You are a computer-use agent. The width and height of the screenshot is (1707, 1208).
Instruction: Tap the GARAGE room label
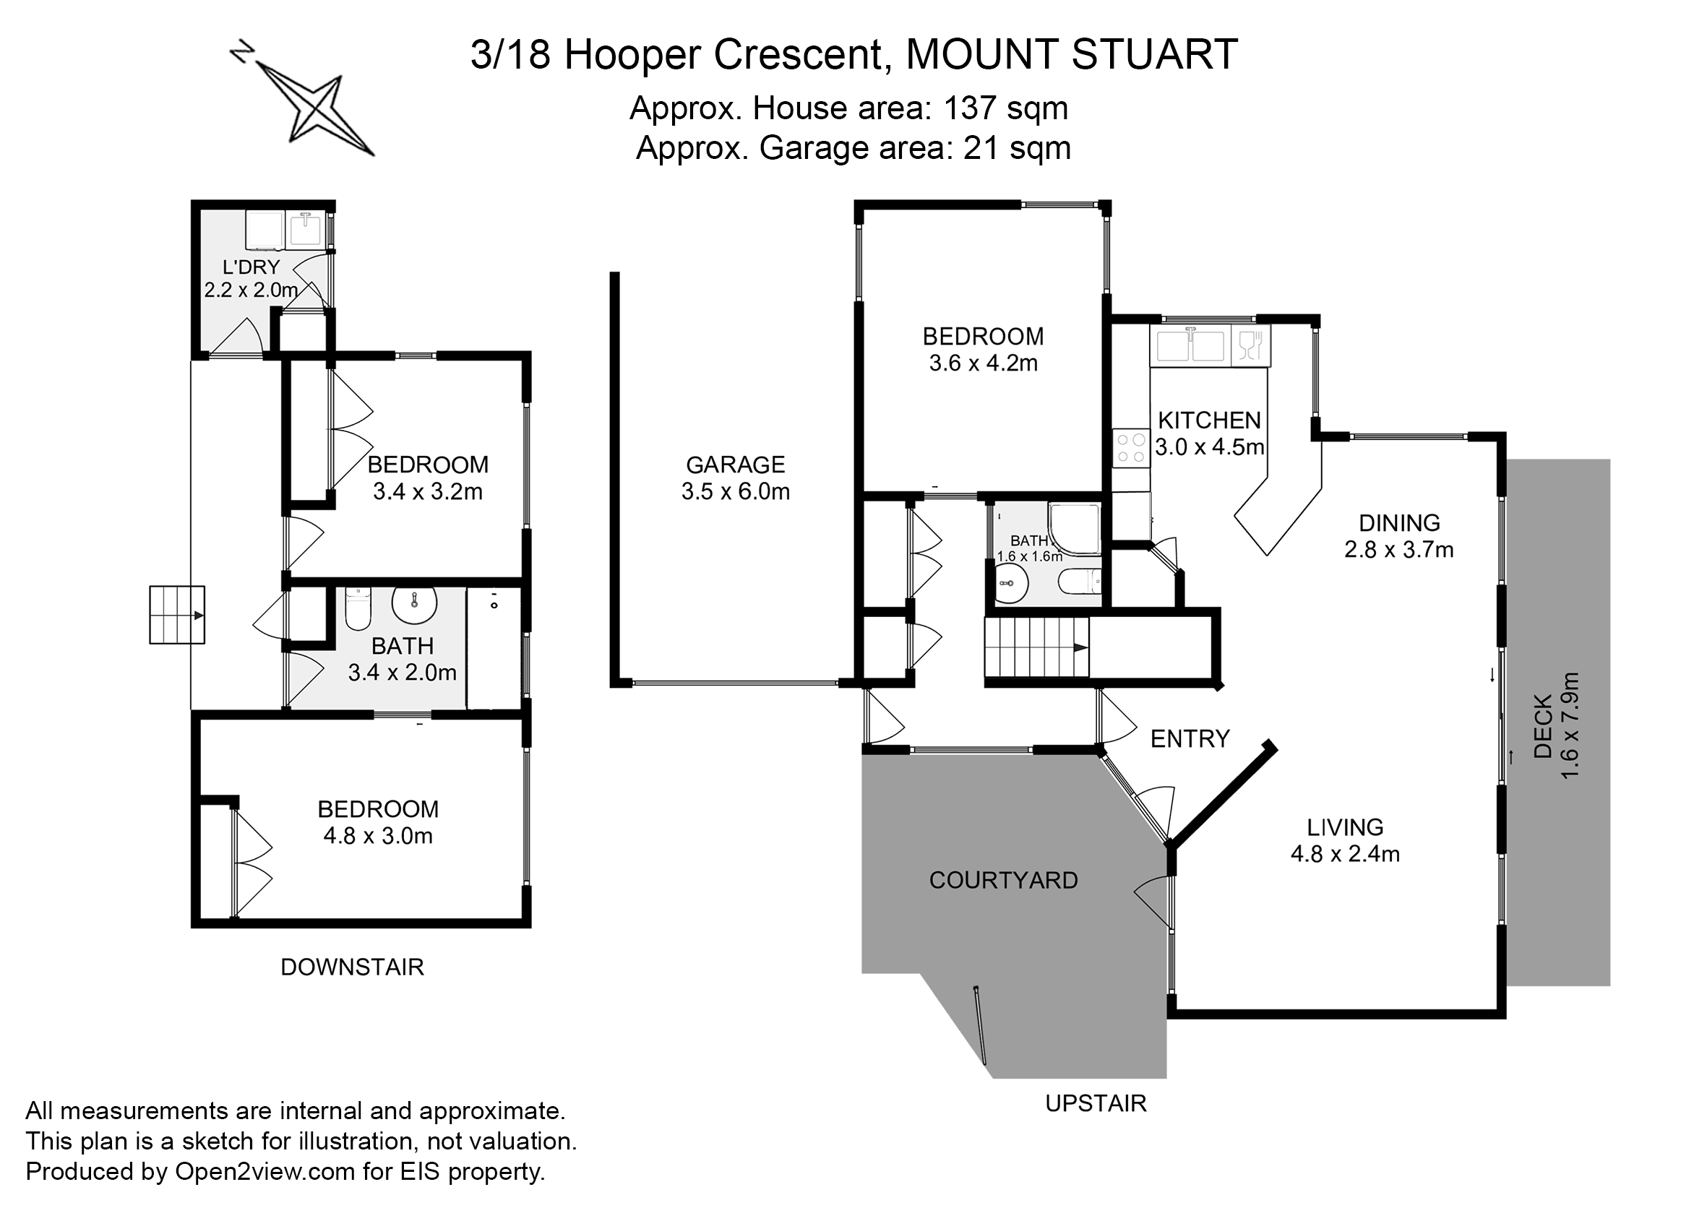click(735, 465)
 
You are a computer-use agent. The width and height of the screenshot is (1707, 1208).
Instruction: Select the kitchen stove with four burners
click(1131, 449)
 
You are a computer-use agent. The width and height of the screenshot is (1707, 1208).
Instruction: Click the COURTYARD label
click(1003, 881)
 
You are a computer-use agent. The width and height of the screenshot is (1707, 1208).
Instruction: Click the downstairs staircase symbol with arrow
click(177, 615)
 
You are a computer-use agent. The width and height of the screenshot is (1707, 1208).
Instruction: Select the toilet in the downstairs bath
click(358, 608)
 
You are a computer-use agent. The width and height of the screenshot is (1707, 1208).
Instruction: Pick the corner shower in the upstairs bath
click(1075, 529)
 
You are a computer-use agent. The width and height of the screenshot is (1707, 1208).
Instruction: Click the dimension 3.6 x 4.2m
click(983, 363)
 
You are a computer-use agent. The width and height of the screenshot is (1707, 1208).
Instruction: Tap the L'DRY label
click(251, 267)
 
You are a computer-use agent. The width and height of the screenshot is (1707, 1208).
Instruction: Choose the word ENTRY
click(1190, 738)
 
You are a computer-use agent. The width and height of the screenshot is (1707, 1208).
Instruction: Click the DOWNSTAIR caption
click(352, 967)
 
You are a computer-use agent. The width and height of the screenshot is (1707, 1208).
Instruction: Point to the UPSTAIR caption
click(1096, 1103)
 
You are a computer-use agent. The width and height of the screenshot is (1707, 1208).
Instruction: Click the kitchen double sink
click(1190, 345)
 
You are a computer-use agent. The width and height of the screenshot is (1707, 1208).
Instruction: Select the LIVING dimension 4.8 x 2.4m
click(1346, 854)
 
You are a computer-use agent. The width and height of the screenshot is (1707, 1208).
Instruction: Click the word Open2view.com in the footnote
click(265, 1173)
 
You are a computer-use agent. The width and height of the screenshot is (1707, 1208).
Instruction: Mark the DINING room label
click(1399, 523)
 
